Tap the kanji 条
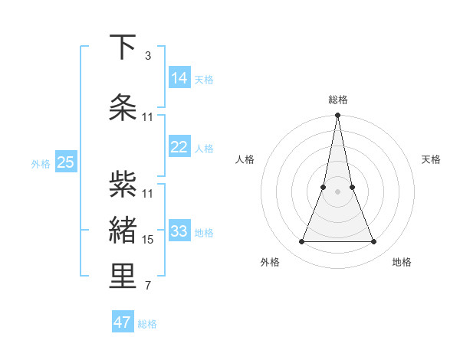pos(123,108)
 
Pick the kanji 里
pos(123,277)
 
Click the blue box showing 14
pos(179,78)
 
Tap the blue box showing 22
pos(179,147)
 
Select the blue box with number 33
pos(179,231)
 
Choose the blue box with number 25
pos(65,162)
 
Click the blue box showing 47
pos(123,322)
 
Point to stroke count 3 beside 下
pos(148,56)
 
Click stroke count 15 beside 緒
pos(148,240)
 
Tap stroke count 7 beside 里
pos(148,286)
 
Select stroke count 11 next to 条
pos(148,117)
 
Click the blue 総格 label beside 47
pos(147,324)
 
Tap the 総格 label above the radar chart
pos(337,100)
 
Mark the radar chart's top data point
pos(337,116)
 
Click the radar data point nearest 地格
pos(374,242)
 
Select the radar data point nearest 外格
pos(301,242)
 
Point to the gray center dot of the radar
pos(337,192)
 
